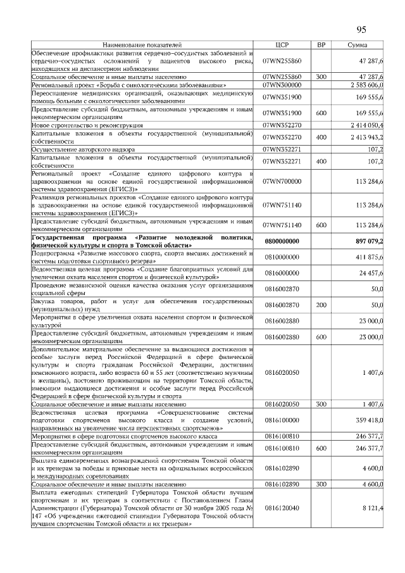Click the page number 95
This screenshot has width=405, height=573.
pyautogui.click(x=361, y=29)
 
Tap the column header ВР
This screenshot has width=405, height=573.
pyautogui.click(x=321, y=45)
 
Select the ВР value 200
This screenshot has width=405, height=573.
pyautogui.click(x=321, y=305)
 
